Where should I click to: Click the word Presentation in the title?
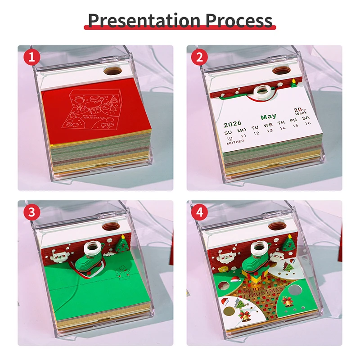(x=144, y=20)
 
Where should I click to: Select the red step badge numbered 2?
(x=200, y=57)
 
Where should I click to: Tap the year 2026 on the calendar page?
(x=233, y=123)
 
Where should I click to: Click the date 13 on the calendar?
(x=270, y=131)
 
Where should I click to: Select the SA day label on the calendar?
(x=306, y=118)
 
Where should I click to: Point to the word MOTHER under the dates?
(x=235, y=141)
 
